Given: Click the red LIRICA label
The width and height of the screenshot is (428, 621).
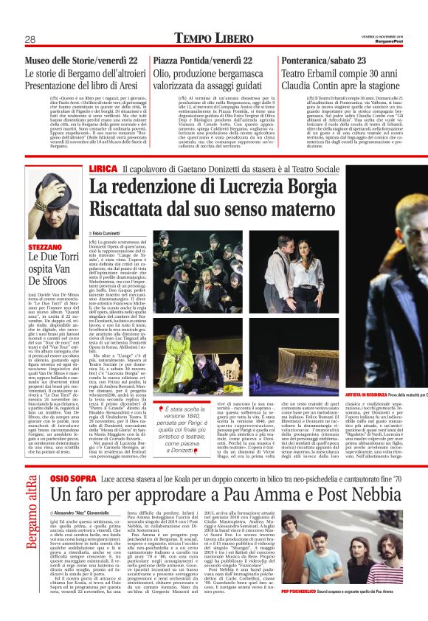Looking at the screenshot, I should (103, 169).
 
